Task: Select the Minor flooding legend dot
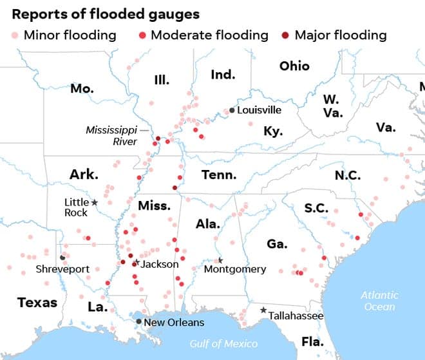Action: (x=14, y=35)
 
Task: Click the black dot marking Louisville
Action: (x=232, y=110)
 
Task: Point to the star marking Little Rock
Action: (x=95, y=202)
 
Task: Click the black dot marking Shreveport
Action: (x=62, y=258)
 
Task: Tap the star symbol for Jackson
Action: (x=136, y=263)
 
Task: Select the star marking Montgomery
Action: (x=220, y=260)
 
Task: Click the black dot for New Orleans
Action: (x=138, y=321)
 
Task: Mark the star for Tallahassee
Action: (x=263, y=310)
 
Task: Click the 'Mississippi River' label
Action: (x=111, y=135)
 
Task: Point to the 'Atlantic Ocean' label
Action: (x=379, y=301)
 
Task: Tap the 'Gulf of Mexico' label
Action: (x=223, y=343)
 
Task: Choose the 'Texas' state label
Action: (x=37, y=302)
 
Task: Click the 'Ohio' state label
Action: (x=294, y=66)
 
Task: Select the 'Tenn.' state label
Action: (x=219, y=175)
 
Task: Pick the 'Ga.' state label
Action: (x=277, y=243)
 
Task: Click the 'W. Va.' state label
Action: (x=333, y=106)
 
